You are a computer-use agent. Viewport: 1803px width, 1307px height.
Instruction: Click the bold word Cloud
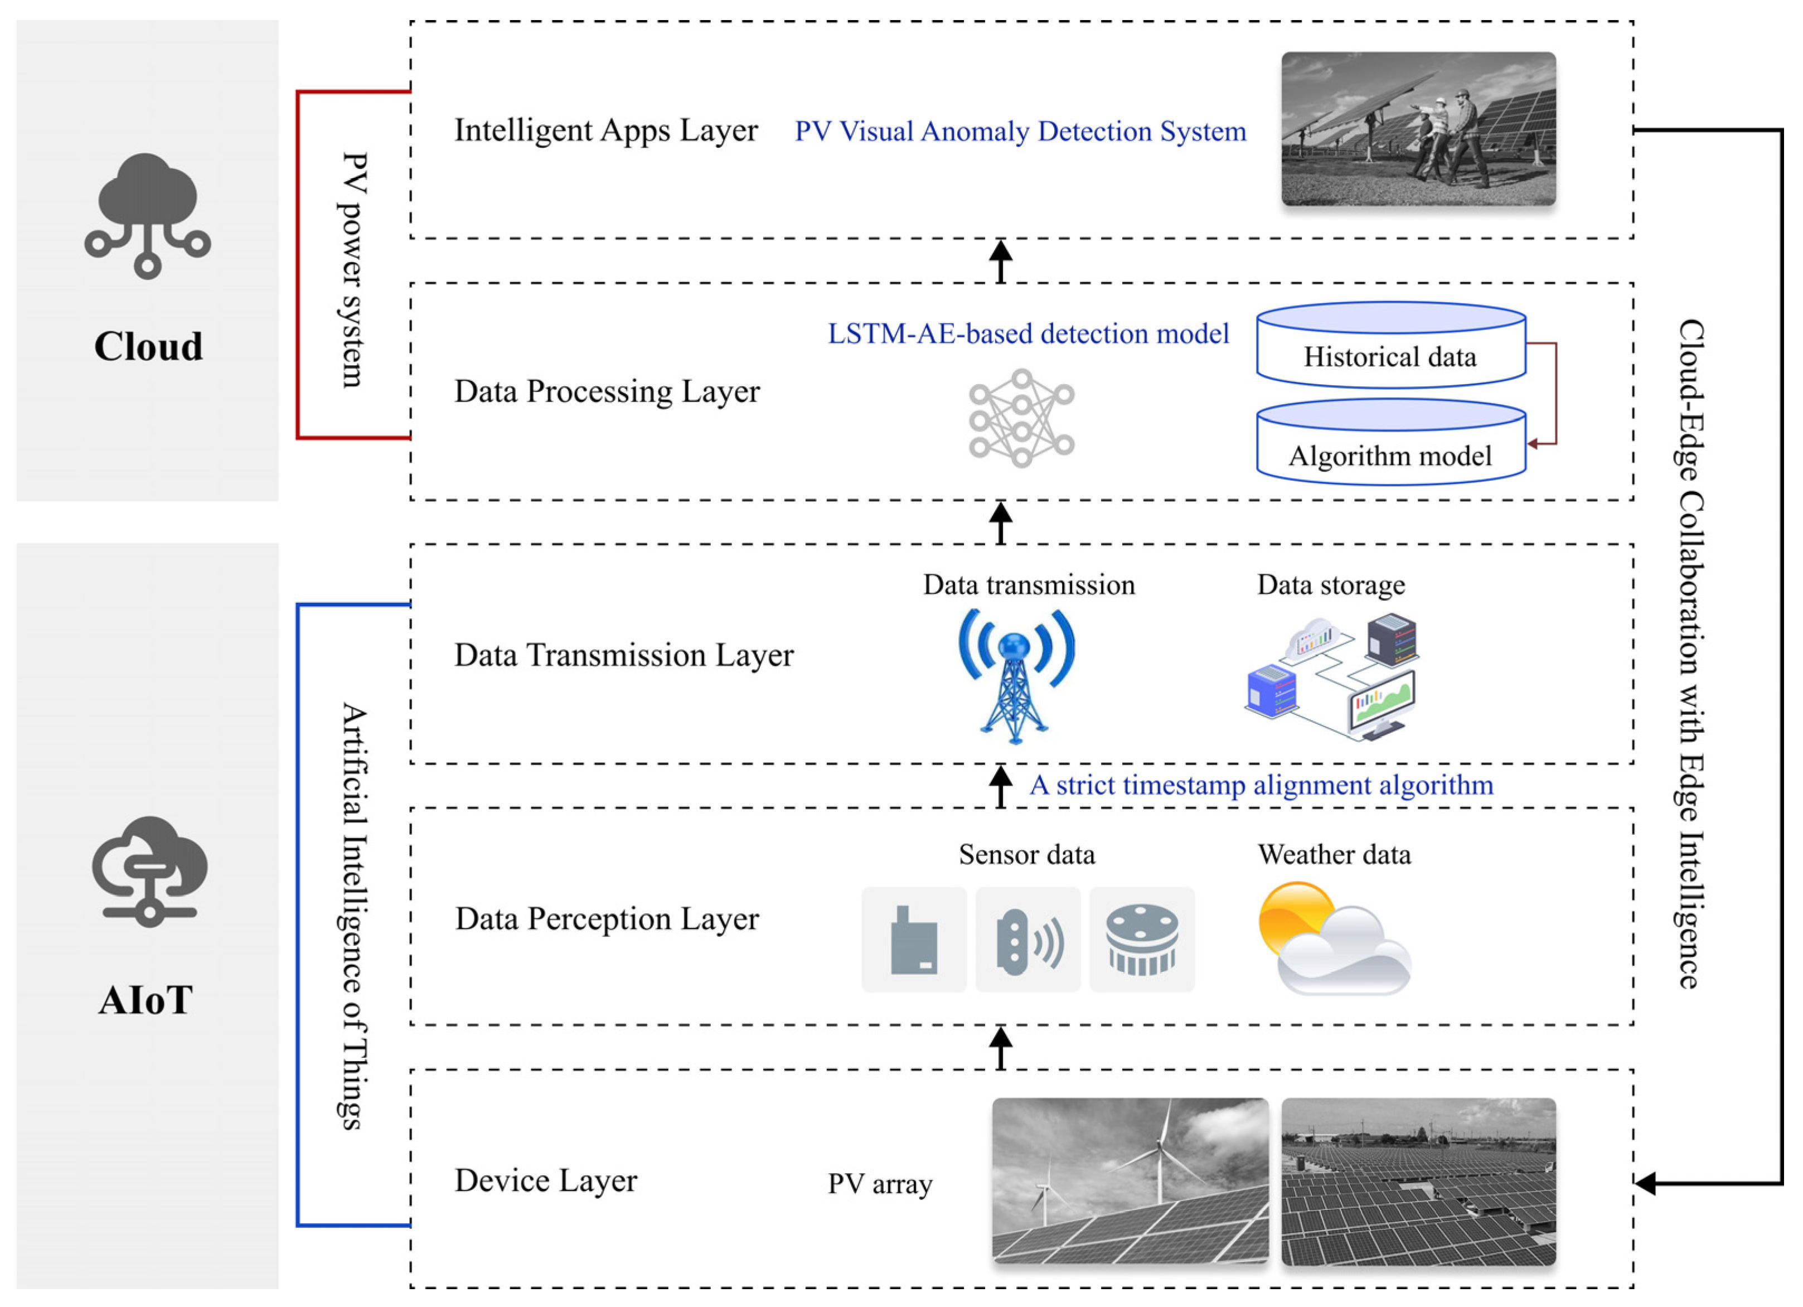148,347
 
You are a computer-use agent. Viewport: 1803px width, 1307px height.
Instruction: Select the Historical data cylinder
1390,346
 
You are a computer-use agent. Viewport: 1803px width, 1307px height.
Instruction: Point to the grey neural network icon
1021,418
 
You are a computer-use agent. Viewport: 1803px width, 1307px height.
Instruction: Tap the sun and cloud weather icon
1333,938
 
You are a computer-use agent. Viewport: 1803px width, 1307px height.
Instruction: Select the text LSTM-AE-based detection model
1028,334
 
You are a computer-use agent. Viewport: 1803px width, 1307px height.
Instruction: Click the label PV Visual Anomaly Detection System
1020,131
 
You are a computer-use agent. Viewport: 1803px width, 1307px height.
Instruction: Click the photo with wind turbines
1130,1180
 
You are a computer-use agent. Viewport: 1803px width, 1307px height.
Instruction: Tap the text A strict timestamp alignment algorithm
1261,786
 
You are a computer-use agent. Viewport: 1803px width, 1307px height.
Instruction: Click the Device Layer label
545,1180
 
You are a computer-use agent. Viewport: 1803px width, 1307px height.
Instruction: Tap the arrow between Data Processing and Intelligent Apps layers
1000,261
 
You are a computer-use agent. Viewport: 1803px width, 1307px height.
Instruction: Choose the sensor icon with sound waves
1028,940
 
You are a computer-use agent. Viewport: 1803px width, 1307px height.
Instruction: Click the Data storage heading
1330,585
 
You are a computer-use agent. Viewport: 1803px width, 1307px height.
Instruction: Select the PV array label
879,1184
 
